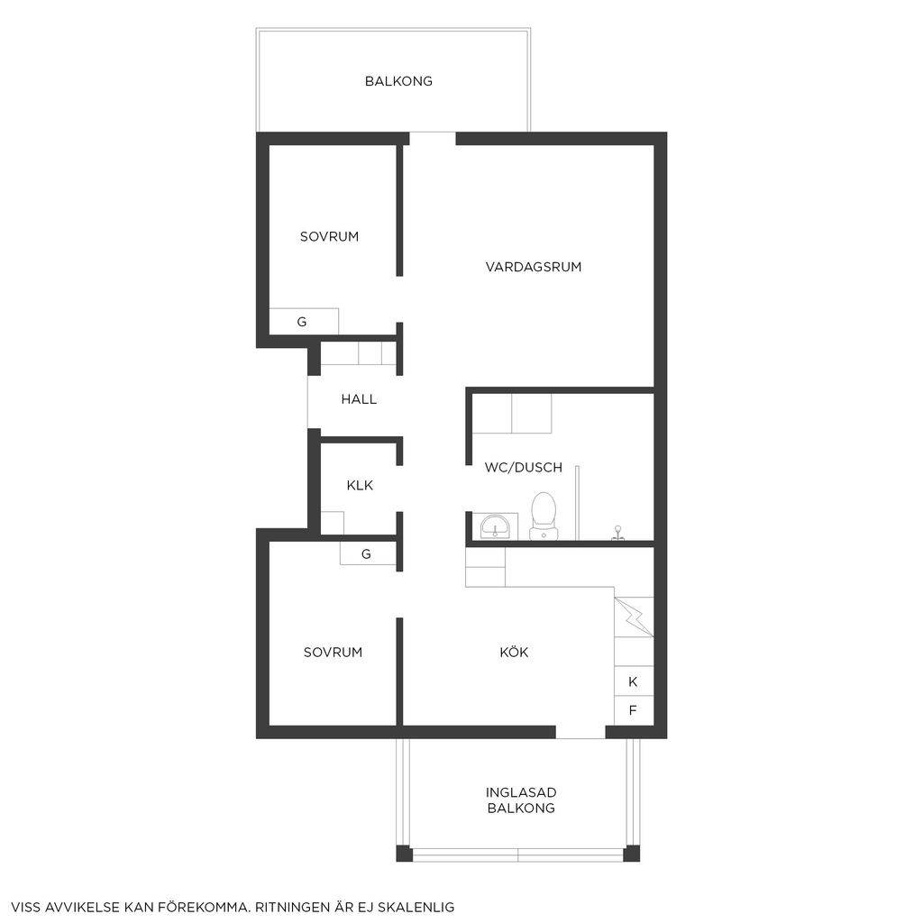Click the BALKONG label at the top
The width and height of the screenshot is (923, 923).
(x=398, y=81)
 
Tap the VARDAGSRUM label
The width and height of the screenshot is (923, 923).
(x=534, y=267)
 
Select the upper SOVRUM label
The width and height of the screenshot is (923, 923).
(x=329, y=237)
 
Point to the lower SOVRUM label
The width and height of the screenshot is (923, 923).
(x=333, y=653)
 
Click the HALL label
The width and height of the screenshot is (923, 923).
(x=359, y=399)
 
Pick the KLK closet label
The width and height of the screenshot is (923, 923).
(x=360, y=486)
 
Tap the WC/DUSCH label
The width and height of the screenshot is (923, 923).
(x=524, y=468)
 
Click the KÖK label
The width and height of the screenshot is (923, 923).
(x=514, y=652)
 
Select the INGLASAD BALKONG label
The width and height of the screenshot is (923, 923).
(x=521, y=800)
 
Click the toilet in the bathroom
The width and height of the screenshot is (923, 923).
(x=543, y=516)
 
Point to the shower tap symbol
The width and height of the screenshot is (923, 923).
(x=617, y=533)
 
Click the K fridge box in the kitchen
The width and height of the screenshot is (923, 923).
(x=634, y=681)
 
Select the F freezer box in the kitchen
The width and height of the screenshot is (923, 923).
(x=634, y=710)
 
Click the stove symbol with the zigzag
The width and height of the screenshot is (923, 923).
(x=634, y=617)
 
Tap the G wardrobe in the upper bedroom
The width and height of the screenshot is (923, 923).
(x=304, y=322)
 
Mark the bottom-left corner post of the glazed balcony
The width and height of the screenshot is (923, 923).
(x=404, y=854)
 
